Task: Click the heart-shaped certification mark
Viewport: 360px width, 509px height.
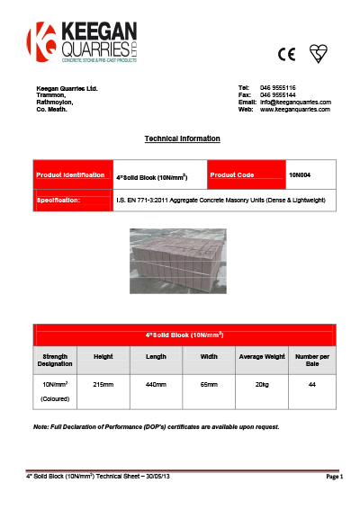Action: coord(316,53)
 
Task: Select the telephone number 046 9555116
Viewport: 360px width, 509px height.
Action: coord(278,87)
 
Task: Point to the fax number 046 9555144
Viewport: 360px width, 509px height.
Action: coord(278,94)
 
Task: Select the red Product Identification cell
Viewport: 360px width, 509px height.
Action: coord(70,174)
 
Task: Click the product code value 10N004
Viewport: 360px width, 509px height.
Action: coord(300,174)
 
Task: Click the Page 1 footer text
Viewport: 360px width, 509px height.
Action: coord(333,476)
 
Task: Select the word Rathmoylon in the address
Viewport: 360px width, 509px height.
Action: coord(53,102)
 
